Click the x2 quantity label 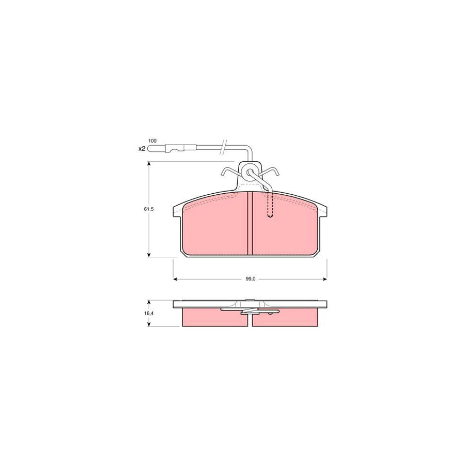142,149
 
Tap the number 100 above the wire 152,141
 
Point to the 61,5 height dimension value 149,209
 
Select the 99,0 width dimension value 250,279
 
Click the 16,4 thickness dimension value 149,313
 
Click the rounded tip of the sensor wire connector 149,149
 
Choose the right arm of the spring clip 273,174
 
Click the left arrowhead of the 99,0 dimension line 175,279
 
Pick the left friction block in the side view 215,318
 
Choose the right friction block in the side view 284,318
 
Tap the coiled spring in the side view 250,311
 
